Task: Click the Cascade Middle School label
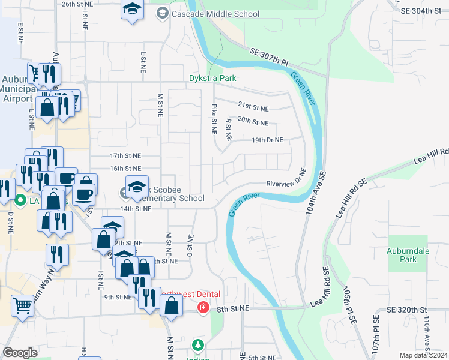215,14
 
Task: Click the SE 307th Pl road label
270,58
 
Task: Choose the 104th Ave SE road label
317,190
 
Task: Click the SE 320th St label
406,310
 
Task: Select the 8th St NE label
232,308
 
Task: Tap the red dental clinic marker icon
203,308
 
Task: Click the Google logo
20,353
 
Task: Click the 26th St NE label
77,4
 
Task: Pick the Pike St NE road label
214,118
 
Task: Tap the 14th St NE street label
135,209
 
